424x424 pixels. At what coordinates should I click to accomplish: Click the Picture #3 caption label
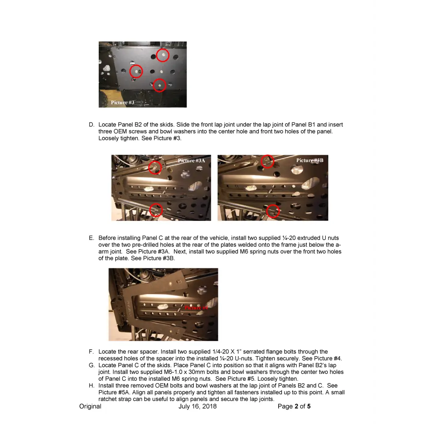123,103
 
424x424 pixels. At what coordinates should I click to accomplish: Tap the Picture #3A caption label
191,160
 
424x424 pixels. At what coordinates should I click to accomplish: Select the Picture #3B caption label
310,160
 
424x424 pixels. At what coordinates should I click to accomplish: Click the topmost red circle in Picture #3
162,55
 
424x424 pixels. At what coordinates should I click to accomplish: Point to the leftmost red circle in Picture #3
136,71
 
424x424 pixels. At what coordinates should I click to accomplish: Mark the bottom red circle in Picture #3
159,85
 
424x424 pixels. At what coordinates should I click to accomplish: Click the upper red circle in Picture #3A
155,167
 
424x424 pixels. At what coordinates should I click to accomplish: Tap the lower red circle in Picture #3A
156,209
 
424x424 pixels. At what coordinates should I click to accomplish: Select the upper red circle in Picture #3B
267,161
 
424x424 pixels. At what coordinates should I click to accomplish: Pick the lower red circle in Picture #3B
273,211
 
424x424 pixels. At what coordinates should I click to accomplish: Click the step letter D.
91,125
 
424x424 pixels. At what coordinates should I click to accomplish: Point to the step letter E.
91,238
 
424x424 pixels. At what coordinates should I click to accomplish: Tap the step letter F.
91,351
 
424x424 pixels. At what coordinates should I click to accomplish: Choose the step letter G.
91,365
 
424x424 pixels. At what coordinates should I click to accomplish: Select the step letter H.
91,385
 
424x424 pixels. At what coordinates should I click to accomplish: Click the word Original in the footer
90,406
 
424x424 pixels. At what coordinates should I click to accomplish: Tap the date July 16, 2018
198,406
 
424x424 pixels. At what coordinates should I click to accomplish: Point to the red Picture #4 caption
196,307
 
